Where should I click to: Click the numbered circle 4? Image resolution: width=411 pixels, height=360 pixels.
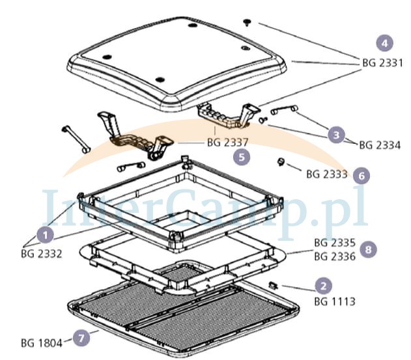click(384, 43)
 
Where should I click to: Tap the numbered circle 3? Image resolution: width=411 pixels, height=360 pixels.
click(336, 135)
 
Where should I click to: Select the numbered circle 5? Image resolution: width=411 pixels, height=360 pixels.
click(242, 157)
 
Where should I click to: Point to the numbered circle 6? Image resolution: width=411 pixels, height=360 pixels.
click(361, 176)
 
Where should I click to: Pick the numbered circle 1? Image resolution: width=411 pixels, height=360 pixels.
click(46, 235)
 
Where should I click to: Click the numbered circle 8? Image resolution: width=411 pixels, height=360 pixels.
click(368, 249)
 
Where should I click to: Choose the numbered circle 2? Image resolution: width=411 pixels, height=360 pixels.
click(324, 286)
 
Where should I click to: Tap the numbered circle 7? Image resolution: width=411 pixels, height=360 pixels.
click(81, 338)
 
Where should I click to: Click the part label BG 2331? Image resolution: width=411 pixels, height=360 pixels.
click(382, 63)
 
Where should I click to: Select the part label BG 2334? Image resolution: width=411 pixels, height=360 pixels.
click(380, 145)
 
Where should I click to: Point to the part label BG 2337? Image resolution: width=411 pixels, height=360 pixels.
click(227, 143)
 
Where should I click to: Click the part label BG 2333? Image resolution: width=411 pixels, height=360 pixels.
click(327, 174)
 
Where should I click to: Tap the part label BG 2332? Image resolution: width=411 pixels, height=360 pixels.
click(42, 254)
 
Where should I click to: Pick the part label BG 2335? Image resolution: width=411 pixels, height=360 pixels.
click(335, 243)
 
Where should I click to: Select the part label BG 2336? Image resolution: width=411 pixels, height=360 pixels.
click(335, 256)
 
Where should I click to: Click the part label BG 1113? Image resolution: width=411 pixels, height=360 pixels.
click(335, 301)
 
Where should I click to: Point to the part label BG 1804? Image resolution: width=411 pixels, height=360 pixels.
click(42, 343)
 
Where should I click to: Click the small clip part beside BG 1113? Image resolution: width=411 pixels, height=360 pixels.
click(274, 284)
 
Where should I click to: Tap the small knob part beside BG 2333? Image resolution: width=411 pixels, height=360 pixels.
click(281, 161)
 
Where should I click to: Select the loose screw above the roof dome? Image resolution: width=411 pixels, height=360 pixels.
click(247, 22)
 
